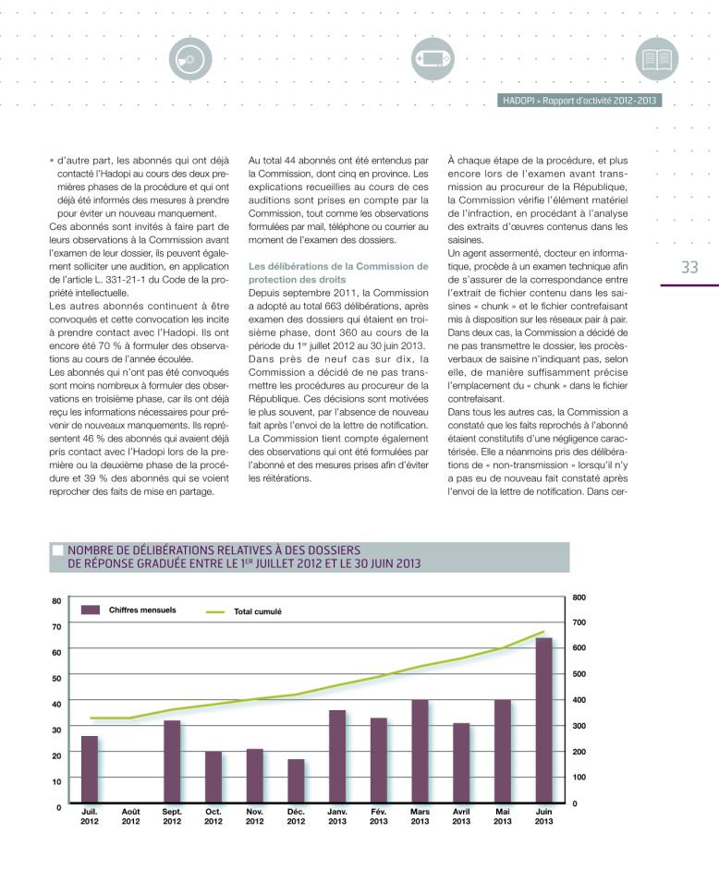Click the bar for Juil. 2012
pos(89,771)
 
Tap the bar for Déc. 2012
pos(296,783)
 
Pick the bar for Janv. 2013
pos(337,758)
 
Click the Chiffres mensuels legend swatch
pos(90,609)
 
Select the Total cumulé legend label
pos(258,611)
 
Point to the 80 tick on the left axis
pos(56,601)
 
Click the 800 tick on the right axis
pos(579,597)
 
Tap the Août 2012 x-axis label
pos(131,816)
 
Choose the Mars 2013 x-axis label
pos(420,816)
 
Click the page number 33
pos(689,267)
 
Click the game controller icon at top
pos(431,57)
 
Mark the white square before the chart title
pos(57,550)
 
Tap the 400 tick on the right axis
pos(579,700)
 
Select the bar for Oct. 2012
pos(213,778)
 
